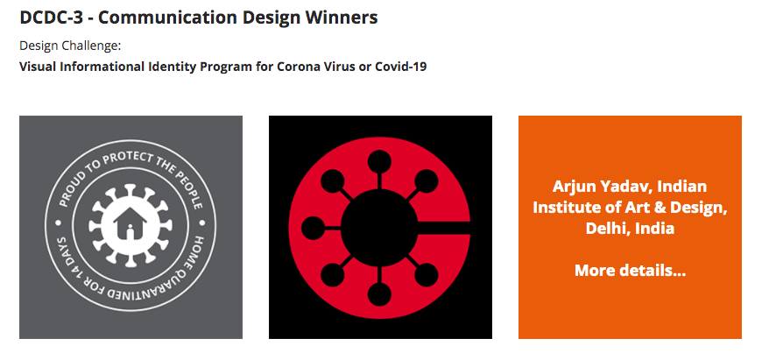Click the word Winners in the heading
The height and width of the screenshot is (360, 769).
342,18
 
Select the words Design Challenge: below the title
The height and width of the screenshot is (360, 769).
70,46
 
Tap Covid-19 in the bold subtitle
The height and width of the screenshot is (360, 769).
400,67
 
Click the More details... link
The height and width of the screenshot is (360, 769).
631,271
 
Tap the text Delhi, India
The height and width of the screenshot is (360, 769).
631,228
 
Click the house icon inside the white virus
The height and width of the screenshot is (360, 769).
130,223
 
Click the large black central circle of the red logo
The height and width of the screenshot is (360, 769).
379,227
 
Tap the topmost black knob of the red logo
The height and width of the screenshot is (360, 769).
379,161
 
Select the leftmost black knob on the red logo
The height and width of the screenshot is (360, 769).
314,228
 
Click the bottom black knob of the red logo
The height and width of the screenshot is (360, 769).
379,295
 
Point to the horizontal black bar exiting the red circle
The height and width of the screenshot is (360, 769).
444,228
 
